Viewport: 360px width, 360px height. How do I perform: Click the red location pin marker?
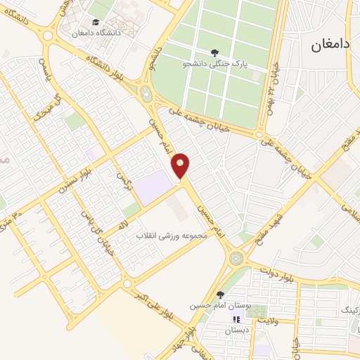181,166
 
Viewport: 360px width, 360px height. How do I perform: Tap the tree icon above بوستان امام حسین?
220,295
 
